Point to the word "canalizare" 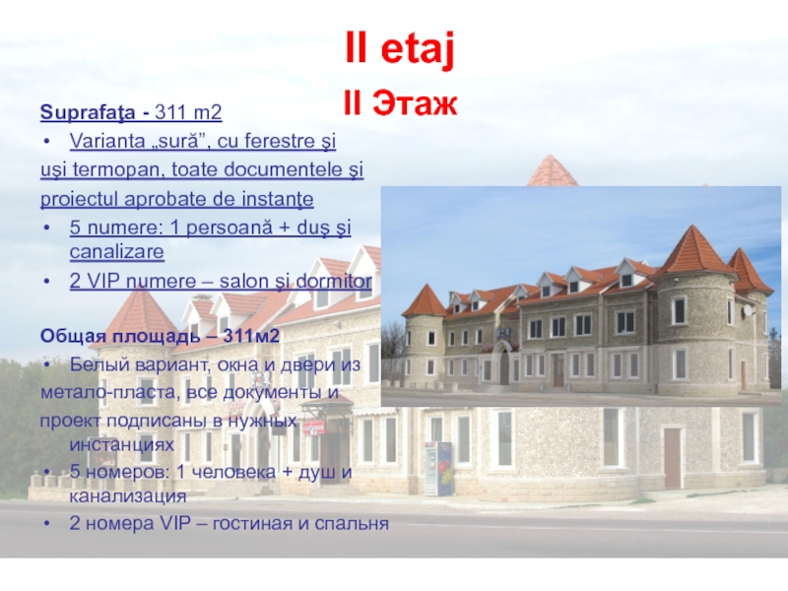116,252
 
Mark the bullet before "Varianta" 48,141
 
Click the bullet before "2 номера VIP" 48,522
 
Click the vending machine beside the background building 438,468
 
